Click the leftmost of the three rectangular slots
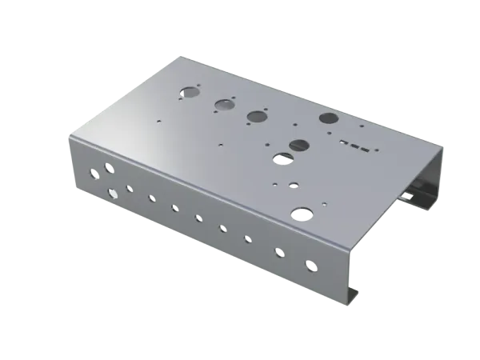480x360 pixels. [344, 142]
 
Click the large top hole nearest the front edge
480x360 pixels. [302, 213]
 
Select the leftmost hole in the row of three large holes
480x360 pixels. [190, 91]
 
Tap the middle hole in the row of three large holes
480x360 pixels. [223, 103]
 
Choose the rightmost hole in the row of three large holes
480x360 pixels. [257, 116]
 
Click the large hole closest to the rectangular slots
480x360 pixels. [328, 118]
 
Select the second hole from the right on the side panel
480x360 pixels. [279, 252]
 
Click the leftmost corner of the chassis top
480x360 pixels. [67, 133]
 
